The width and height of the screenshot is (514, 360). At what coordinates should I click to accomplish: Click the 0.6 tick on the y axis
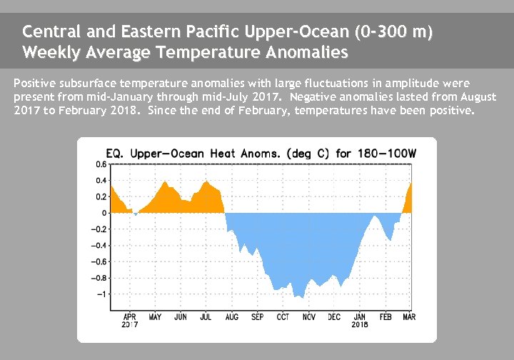coord(102,164)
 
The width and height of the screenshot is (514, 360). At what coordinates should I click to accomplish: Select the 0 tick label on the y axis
coord(104,213)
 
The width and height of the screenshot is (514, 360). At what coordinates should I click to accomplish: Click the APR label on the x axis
coord(129,316)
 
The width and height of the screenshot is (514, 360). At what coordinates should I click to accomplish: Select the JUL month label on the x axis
coord(206,316)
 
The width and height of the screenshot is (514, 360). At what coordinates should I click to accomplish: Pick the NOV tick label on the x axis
coord(308,316)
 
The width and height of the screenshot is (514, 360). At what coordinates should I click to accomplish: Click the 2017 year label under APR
coord(129,324)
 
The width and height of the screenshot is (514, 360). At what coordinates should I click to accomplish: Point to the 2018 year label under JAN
coord(360,324)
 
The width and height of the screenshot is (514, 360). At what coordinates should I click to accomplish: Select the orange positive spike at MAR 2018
coord(410,186)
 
